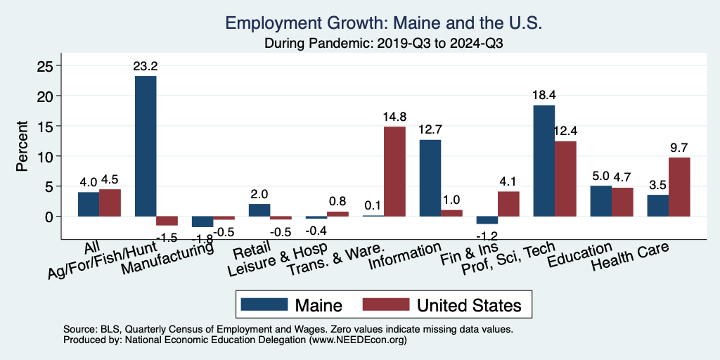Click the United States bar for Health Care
click(679, 187)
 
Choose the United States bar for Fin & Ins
click(508, 204)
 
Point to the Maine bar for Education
click(600, 201)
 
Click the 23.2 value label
click(146, 67)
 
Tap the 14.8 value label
click(394, 117)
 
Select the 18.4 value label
click(544, 96)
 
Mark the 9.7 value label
click(679, 148)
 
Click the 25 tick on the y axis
click(45, 65)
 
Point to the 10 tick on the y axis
click(45, 156)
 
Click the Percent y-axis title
click(23, 146)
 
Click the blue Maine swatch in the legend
click(264, 304)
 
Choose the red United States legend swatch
click(385, 304)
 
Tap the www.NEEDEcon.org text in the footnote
click(358, 340)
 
